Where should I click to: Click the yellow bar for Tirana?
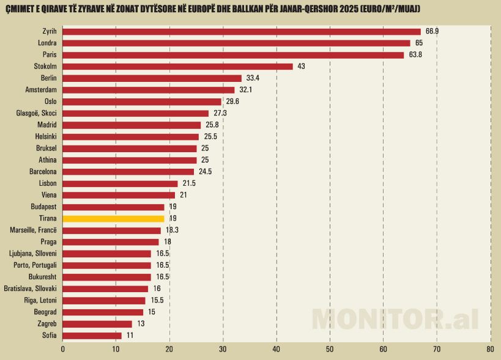113,218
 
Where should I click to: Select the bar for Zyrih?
242,31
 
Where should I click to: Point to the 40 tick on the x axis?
276,349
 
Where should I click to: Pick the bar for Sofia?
92,336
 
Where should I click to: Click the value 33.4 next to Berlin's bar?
254,78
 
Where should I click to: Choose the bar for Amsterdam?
148,90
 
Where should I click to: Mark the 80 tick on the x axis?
490,349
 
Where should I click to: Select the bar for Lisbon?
120,183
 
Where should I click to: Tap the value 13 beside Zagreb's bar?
141,324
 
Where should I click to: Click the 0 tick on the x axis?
63,349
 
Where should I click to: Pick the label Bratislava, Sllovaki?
30,288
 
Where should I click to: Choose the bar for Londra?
236,43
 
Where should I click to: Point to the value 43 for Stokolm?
301,67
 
